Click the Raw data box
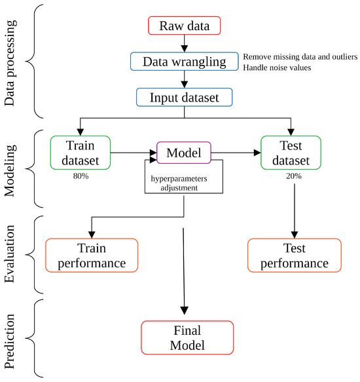tap(185, 26)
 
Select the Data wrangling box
tap(185, 61)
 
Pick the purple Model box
tap(184, 152)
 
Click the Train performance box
tap(92, 256)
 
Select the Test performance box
tap(295, 256)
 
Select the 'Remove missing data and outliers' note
tap(299, 56)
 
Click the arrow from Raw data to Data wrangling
tap(185, 43)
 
